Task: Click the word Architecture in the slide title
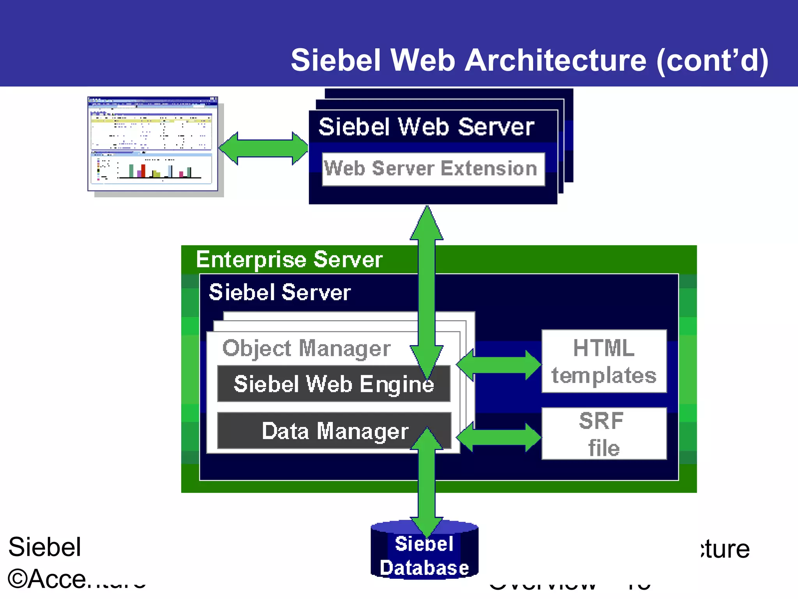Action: [x=555, y=60]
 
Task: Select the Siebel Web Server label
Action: [x=426, y=127]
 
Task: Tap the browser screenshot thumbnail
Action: [x=152, y=144]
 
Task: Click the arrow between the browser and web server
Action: [x=264, y=148]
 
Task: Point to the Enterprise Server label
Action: [x=289, y=260]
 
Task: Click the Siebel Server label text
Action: [x=280, y=292]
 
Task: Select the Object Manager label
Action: [x=306, y=348]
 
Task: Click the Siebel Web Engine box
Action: [x=334, y=384]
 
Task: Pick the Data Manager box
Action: [x=334, y=431]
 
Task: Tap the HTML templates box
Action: [x=604, y=362]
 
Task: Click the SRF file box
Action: [x=604, y=434]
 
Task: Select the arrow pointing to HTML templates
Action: [x=499, y=365]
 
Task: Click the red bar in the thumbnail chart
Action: [x=143, y=170]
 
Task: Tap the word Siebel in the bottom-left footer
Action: [x=45, y=547]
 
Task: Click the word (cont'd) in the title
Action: [x=712, y=60]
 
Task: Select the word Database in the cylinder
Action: [x=424, y=568]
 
